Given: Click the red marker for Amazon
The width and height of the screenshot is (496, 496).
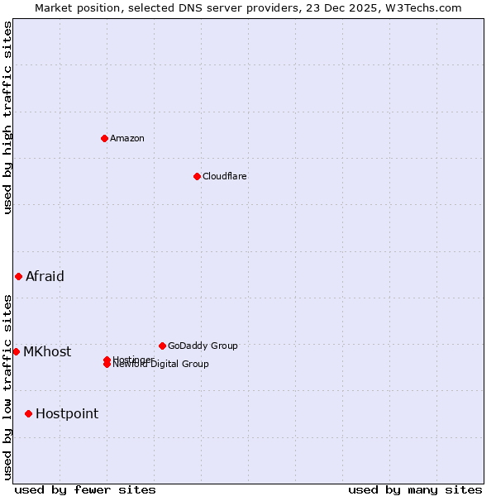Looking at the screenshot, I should pyautogui.click(x=104, y=138).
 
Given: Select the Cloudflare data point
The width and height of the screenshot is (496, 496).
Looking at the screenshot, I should pyautogui.click(x=197, y=176).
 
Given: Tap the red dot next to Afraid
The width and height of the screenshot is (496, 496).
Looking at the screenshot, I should pyautogui.click(x=18, y=276).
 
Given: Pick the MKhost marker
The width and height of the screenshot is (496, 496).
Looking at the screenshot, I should pyautogui.click(x=16, y=351).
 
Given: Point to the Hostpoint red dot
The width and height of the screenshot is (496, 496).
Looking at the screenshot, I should pyautogui.click(x=28, y=413).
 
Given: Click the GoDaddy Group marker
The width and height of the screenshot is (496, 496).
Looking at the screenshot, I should pyautogui.click(x=162, y=346).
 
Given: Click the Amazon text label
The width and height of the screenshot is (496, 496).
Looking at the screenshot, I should pyautogui.click(x=127, y=138).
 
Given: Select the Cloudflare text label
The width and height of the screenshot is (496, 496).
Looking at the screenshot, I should pyautogui.click(x=225, y=176).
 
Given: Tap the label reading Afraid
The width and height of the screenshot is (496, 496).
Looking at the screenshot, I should pyautogui.click(x=45, y=276).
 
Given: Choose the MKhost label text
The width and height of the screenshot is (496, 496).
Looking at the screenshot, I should pyautogui.click(x=47, y=351).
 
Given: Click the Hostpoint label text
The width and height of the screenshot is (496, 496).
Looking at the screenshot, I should pyautogui.click(x=67, y=413).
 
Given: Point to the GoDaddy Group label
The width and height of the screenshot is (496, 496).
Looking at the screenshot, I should pyautogui.click(x=203, y=346).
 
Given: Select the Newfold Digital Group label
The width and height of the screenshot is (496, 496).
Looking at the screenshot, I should pyautogui.click(x=161, y=365).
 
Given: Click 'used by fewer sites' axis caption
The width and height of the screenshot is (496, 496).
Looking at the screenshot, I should pyautogui.click(x=85, y=489).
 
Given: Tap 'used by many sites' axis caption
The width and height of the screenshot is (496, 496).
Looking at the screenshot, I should pyautogui.click(x=415, y=489).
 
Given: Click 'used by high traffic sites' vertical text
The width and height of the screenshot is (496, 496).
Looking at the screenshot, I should pyautogui.click(x=7, y=117).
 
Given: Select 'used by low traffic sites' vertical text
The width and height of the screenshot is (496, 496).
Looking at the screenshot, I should pyautogui.click(x=7, y=386).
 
